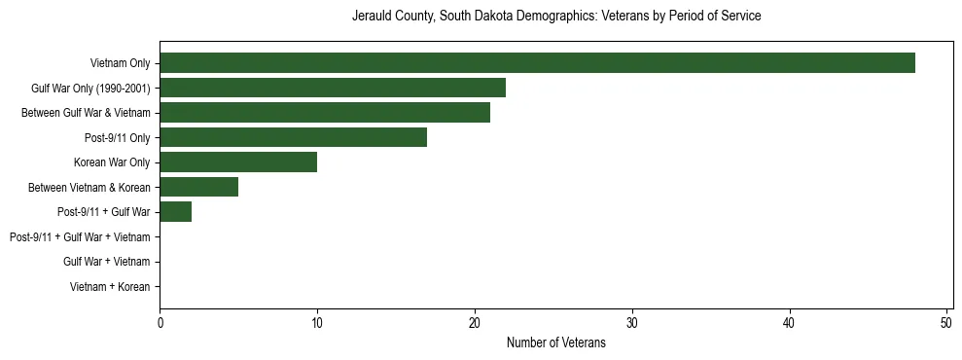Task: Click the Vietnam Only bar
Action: tap(537, 63)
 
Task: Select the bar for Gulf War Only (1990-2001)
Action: tap(333, 88)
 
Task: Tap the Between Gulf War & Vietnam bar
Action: tap(325, 113)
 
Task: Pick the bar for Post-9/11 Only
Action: tap(293, 137)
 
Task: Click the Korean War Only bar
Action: tap(238, 162)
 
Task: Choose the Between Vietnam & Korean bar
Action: tap(198, 187)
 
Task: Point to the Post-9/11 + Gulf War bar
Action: tap(175, 212)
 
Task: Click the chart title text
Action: tap(556, 17)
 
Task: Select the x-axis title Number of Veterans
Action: tap(555, 342)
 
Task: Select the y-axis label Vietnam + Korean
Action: tap(110, 287)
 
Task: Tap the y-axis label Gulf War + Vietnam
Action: tap(106, 262)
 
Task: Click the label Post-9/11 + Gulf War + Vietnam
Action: tap(80, 237)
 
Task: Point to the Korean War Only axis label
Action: tap(112, 162)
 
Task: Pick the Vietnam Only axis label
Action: tap(120, 63)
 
